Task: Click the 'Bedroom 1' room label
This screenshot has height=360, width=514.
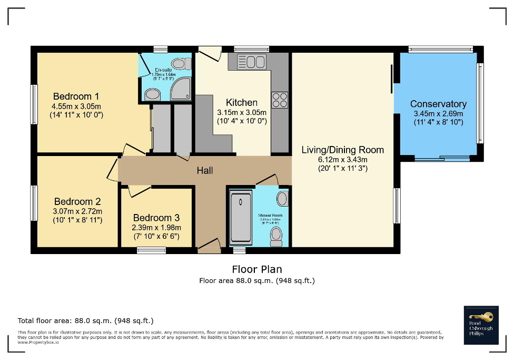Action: click(x=76, y=96)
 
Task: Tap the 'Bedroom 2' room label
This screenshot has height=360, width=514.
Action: click(x=77, y=201)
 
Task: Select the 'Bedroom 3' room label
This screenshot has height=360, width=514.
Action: click(x=156, y=218)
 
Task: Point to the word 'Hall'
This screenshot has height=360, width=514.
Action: click(x=205, y=170)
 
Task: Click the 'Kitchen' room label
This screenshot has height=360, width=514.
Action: click(x=242, y=102)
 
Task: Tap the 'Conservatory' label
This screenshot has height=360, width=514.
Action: click(x=438, y=104)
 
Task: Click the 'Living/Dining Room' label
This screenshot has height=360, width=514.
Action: click(x=342, y=150)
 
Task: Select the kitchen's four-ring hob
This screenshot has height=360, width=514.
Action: click(x=279, y=100)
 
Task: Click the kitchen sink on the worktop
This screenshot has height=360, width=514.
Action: click(x=252, y=62)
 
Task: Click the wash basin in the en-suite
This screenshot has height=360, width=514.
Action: click(x=153, y=94)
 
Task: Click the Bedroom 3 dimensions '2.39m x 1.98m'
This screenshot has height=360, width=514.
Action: click(x=156, y=228)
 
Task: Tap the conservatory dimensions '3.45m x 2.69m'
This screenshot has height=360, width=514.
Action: click(x=438, y=114)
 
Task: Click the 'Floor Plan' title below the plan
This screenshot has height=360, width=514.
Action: click(x=256, y=269)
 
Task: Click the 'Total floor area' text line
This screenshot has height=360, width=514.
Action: click(x=85, y=320)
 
